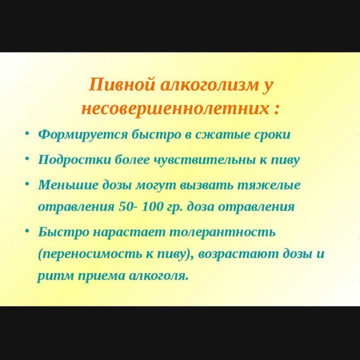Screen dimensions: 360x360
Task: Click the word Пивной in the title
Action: click(121, 84)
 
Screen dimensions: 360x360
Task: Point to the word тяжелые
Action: click(268, 185)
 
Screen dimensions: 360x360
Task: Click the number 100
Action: click(152, 207)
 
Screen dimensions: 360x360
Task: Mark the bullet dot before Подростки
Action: click(27, 158)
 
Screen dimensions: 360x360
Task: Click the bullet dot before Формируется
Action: click(27, 133)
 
